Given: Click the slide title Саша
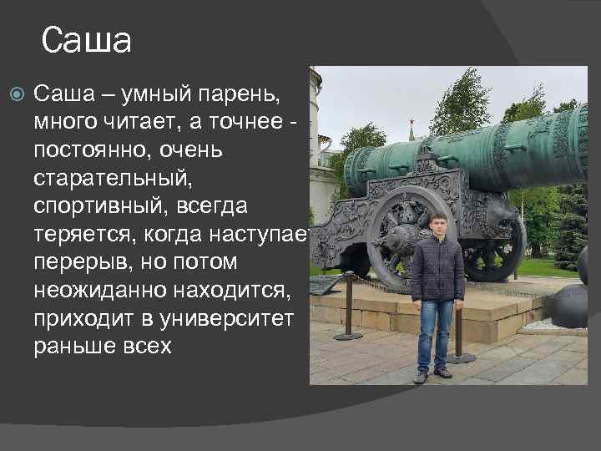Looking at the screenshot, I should pos(86,39).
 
